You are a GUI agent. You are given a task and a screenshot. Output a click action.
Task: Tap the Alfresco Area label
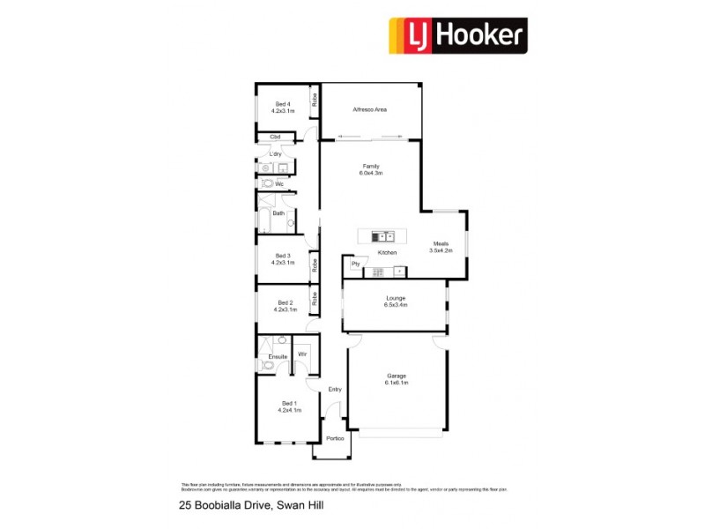370,110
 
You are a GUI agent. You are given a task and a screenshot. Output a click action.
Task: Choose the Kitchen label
387,253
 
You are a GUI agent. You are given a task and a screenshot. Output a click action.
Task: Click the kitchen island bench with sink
382,236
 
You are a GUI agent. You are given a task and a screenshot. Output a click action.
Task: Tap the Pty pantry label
356,263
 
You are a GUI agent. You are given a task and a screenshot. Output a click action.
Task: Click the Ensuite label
278,356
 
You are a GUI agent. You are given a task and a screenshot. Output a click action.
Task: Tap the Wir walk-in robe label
302,354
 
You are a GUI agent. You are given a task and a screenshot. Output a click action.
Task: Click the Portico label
335,438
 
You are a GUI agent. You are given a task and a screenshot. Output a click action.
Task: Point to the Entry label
335,389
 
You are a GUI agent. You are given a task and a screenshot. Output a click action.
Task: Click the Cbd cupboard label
275,137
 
